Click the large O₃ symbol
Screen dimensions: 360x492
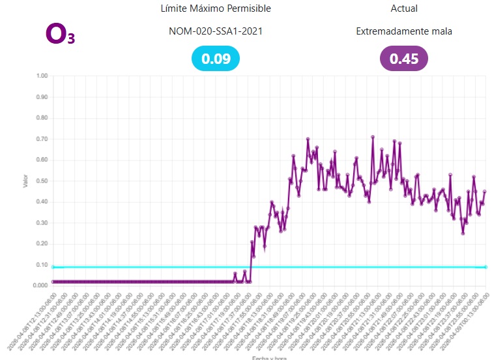pos(61,34)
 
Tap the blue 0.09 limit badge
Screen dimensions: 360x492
pos(216,59)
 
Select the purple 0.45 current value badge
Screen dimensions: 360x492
pos(404,59)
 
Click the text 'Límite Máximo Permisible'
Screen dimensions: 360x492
pos(216,8)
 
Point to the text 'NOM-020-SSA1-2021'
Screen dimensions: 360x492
pos(216,31)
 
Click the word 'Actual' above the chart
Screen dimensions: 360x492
pos(404,8)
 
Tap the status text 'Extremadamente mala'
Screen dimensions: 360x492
pos(404,31)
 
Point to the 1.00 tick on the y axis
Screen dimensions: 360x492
pos(42,76)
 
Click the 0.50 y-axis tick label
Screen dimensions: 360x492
pos(42,181)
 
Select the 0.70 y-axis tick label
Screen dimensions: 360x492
pos(42,139)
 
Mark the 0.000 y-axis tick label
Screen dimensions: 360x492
pos(40,286)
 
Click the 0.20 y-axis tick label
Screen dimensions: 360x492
pos(42,244)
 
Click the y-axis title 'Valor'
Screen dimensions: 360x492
pos(25,181)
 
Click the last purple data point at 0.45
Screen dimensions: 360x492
pos(485,192)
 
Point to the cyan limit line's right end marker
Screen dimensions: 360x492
pos(485,267)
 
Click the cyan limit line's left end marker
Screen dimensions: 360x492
pos(53,267)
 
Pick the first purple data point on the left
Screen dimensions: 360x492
pos(53,282)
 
